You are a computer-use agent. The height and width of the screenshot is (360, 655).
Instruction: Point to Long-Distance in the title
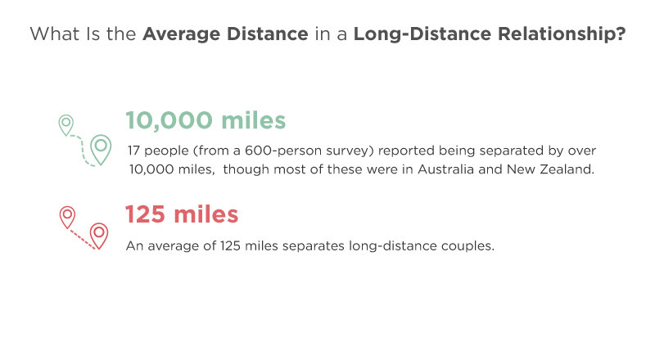point(422,34)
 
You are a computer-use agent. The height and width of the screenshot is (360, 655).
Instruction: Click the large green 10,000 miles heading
point(206,120)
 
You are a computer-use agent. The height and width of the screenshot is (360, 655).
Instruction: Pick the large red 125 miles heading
point(182,214)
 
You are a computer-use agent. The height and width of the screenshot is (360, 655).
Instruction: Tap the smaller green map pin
point(66,125)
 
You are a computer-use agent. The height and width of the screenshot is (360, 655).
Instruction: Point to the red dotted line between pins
point(82,239)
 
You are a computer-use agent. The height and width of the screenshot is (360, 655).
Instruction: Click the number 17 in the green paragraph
point(133,151)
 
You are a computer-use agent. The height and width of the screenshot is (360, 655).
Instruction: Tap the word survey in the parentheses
point(347,151)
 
